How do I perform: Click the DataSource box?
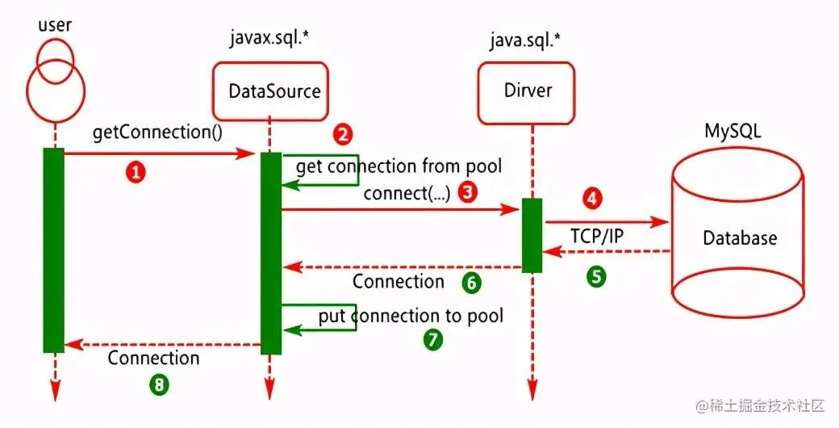(x=274, y=91)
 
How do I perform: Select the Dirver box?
(x=528, y=90)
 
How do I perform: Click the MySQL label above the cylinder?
(x=732, y=131)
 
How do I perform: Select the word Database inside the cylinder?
(x=740, y=237)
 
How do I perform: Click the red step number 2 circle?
(x=343, y=134)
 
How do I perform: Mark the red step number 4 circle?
(x=593, y=198)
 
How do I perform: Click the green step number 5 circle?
(x=595, y=275)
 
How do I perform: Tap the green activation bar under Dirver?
(x=532, y=235)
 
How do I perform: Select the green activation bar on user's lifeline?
(x=53, y=250)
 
